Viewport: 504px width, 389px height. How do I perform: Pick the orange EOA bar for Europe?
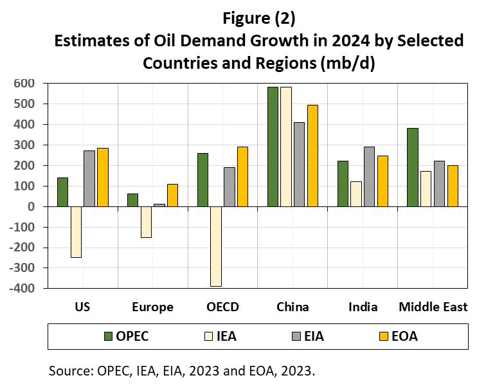173,195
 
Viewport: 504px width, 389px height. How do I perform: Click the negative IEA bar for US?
76,231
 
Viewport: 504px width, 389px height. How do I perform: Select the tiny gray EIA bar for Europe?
159,205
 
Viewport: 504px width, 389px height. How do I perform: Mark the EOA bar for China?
312,156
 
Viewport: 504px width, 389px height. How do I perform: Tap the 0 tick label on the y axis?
30,206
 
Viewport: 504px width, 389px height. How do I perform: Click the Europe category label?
152,307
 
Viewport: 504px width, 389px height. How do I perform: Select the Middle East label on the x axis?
433,307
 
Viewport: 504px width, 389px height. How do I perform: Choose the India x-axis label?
363,307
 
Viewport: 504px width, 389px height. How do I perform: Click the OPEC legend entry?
132,336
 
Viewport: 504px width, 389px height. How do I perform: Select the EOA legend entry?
402,336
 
